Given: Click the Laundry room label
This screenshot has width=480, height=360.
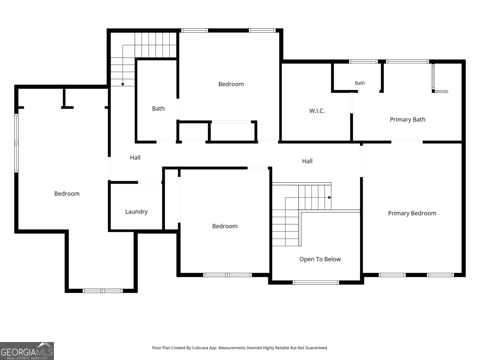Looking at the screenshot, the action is point(136,211).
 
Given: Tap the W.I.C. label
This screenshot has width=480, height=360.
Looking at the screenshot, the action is point(317,111).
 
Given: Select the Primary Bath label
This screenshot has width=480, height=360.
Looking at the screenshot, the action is point(407,119).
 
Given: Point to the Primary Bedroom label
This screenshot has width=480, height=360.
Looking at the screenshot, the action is point(412,213).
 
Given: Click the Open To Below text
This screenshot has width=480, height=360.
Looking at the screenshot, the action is point(320,259).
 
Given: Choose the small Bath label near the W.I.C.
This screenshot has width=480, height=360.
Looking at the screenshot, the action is point(360,83).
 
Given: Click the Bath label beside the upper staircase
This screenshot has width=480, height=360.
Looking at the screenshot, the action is point(158,108).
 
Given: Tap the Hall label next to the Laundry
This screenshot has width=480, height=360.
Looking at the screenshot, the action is point(135,157).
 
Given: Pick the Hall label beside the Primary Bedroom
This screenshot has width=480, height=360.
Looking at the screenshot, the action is point(307,161).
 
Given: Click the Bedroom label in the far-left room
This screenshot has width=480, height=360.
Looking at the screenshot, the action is point(67,193).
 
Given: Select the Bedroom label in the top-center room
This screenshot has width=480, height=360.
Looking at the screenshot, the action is point(231,84).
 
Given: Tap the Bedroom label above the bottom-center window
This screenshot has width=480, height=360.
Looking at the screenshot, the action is point(225,226).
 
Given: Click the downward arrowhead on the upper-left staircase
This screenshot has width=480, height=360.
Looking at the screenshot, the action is point(123,84).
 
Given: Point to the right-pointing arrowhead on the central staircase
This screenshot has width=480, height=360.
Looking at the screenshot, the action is point(330,197).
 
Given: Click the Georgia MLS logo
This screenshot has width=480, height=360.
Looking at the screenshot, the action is point(27,351).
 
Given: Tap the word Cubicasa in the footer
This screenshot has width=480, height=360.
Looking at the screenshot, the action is point(200,348).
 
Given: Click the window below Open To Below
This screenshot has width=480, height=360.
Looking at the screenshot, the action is point(316,282).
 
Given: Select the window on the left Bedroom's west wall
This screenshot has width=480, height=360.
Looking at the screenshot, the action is point(16,143).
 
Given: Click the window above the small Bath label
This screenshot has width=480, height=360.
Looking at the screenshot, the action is point(363,61).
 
